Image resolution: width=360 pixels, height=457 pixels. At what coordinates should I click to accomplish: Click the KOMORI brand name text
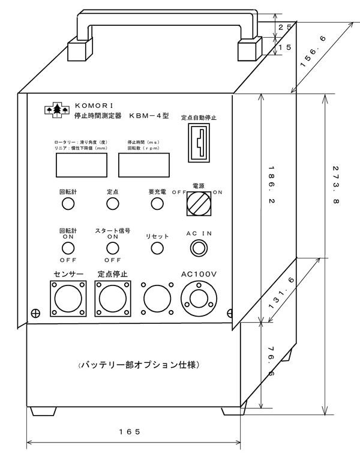pyautogui.click(x=88, y=104)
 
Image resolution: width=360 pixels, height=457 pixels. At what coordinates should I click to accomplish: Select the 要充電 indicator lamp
pyautogui.click(x=157, y=204)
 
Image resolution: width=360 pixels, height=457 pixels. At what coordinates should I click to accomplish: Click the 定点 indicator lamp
pyautogui.click(x=112, y=204)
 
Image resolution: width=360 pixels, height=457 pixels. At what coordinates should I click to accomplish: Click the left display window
pyautogui.click(x=80, y=164)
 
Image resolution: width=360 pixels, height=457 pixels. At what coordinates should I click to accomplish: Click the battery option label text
pyautogui.click(x=139, y=365)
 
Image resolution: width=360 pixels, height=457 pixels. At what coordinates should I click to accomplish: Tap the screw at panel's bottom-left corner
pyautogui.click(x=35, y=313)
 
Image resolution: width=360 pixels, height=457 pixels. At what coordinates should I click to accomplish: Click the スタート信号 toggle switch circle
pyautogui.click(x=112, y=248)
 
